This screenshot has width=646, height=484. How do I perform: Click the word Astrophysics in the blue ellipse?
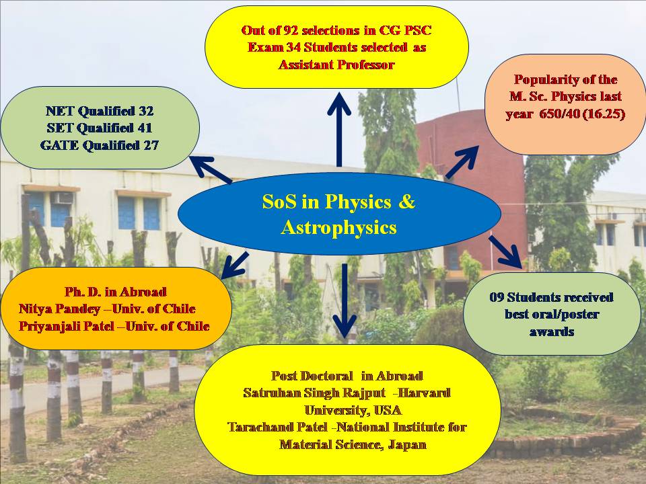click(338, 228)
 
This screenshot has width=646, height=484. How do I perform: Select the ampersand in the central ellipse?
click(406, 202)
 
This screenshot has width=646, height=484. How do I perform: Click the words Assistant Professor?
click(336, 65)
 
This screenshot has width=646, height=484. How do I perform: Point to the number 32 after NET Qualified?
click(146, 111)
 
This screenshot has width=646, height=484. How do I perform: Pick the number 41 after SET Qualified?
click(145, 128)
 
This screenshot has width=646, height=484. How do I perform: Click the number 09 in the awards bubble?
click(497, 297)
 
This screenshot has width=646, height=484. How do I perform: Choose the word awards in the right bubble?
click(552, 331)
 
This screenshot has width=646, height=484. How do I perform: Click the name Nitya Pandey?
click(60, 309)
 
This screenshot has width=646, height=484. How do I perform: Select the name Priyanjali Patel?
click(67, 327)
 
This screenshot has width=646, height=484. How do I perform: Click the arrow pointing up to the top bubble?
click(339, 129)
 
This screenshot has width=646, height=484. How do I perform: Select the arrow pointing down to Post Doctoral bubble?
click(345, 300)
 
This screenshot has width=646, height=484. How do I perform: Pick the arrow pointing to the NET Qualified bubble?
click(211, 169)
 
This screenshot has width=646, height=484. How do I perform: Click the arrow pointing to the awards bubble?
click(505, 252)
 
